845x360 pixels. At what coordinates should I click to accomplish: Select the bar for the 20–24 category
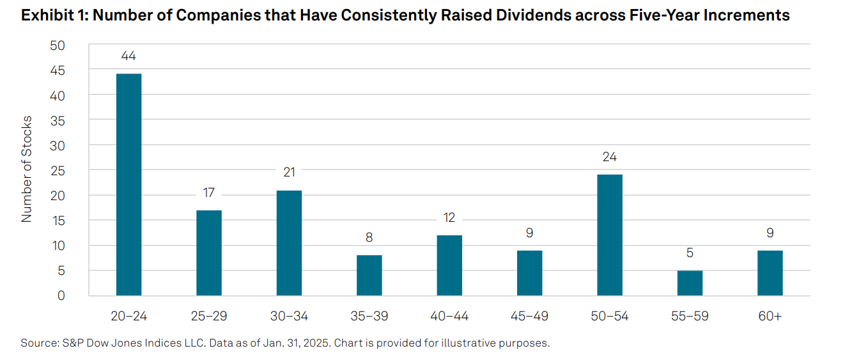128,185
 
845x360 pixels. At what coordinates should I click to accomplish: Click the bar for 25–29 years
209,253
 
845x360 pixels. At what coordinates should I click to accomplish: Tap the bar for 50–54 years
610,235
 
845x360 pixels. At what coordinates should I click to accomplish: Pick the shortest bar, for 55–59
690,283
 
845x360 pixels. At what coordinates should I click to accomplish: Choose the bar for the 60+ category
770,273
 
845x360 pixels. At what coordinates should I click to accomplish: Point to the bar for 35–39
369,275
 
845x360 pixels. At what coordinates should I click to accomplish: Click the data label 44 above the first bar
128,56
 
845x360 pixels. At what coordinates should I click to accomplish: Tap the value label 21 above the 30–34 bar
289,172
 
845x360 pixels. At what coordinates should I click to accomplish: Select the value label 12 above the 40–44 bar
449,217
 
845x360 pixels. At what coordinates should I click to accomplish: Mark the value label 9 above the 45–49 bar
529,233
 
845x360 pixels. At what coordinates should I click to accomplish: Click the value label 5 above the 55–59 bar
690,253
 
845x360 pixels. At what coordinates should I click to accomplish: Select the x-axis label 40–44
449,317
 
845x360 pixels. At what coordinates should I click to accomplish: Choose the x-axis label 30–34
289,317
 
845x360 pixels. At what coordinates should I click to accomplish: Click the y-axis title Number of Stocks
27,170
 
